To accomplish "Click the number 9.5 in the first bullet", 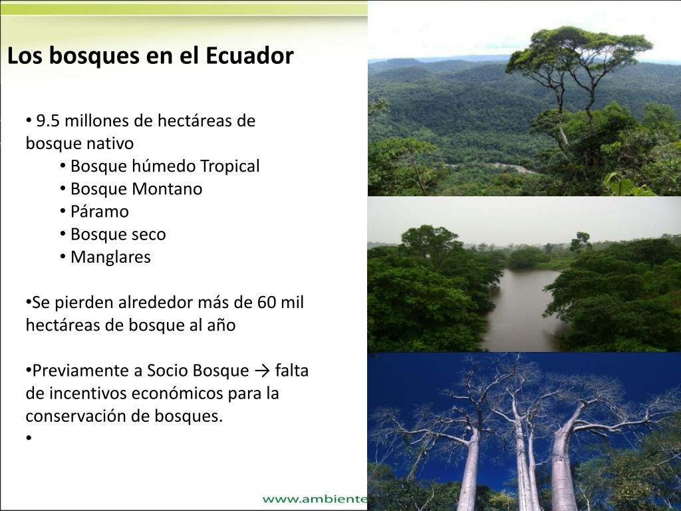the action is [48, 121].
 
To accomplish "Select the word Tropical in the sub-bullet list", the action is [229, 166].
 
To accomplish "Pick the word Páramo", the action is [100, 212].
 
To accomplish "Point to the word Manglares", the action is [110, 257].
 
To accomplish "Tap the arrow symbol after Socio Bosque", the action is [261, 371].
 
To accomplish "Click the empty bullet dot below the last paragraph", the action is [29, 438].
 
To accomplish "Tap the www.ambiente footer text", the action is [315, 499].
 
